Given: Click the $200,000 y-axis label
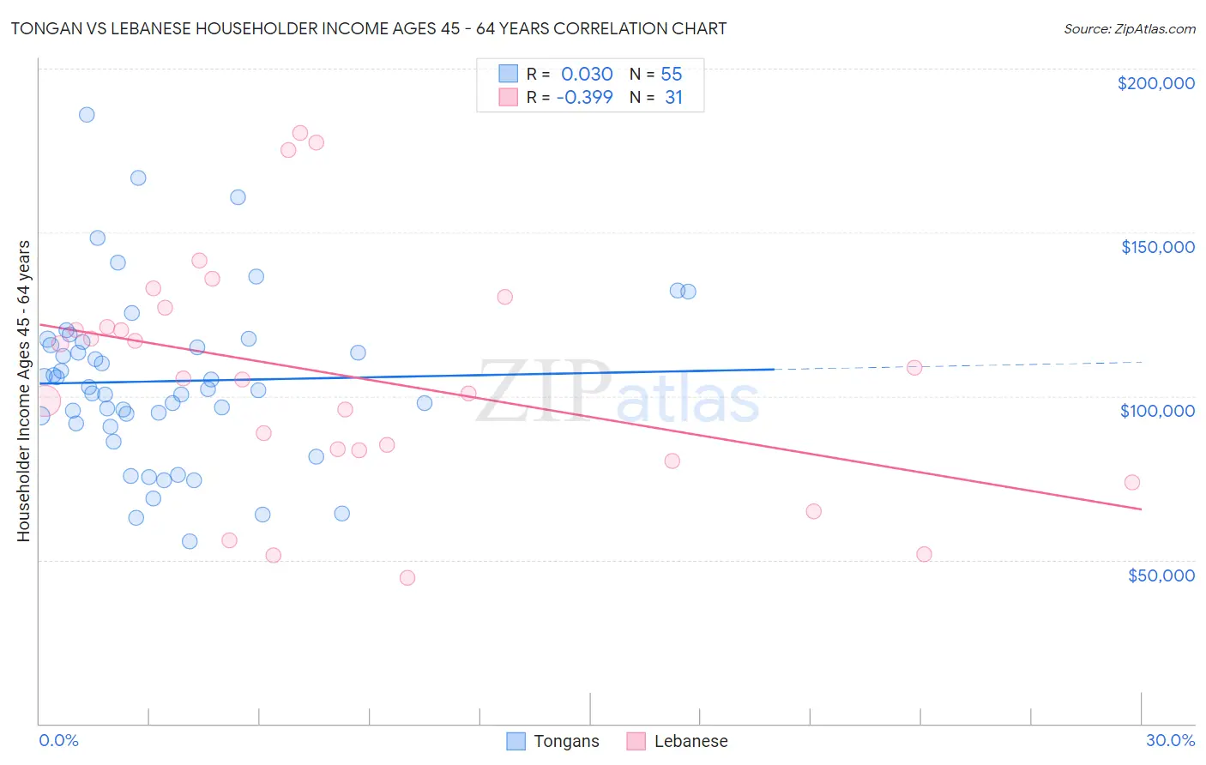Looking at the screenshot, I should (1155, 83).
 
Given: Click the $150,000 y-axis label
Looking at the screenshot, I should (1157, 247).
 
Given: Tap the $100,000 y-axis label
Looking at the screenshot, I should (1157, 411).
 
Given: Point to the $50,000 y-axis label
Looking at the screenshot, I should (1161, 575).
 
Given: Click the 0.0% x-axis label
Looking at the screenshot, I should (58, 740).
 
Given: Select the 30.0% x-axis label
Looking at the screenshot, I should (1170, 740).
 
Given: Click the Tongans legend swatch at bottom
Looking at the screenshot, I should (516, 741).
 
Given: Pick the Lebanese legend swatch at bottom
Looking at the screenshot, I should (636, 741).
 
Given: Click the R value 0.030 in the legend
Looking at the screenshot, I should (587, 75).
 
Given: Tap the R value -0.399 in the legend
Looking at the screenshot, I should (584, 98).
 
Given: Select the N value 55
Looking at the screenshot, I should (672, 75).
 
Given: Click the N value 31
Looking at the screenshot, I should (673, 98).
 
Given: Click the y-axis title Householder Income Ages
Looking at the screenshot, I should (23, 390).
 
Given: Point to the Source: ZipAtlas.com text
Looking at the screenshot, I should (1129, 29).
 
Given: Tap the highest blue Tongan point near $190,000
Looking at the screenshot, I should (87, 115).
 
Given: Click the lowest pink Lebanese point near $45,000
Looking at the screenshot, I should (407, 578).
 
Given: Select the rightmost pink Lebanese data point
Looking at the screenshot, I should (1131, 483).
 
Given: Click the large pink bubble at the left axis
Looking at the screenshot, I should (44, 401).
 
